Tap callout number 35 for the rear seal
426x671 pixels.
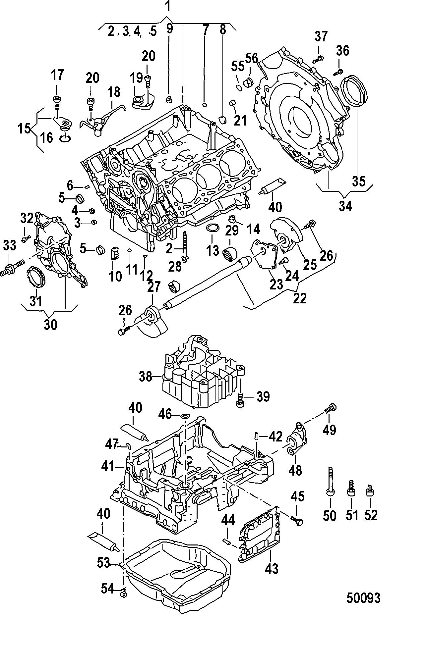pos(359,181)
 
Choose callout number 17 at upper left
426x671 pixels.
pos(57,75)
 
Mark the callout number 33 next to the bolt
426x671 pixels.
pos(10,246)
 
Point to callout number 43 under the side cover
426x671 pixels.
pos(272,569)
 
